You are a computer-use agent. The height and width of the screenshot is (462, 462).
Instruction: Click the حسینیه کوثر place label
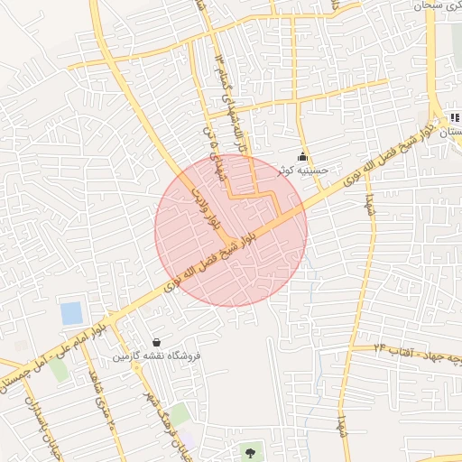click(306, 170)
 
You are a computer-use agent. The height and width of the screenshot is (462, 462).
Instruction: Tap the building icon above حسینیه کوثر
click(302, 157)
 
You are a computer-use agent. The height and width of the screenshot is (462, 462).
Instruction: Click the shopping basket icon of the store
click(158, 342)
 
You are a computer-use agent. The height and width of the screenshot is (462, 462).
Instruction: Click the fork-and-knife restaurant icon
click(454, 116)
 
